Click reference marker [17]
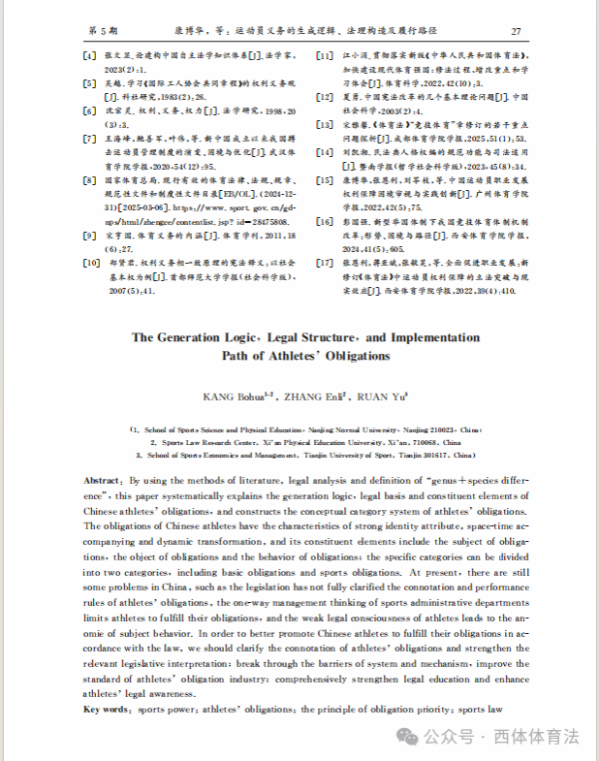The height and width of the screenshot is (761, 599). [325, 261]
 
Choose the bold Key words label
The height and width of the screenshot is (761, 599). [108, 710]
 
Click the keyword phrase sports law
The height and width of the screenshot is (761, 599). [482, 710]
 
